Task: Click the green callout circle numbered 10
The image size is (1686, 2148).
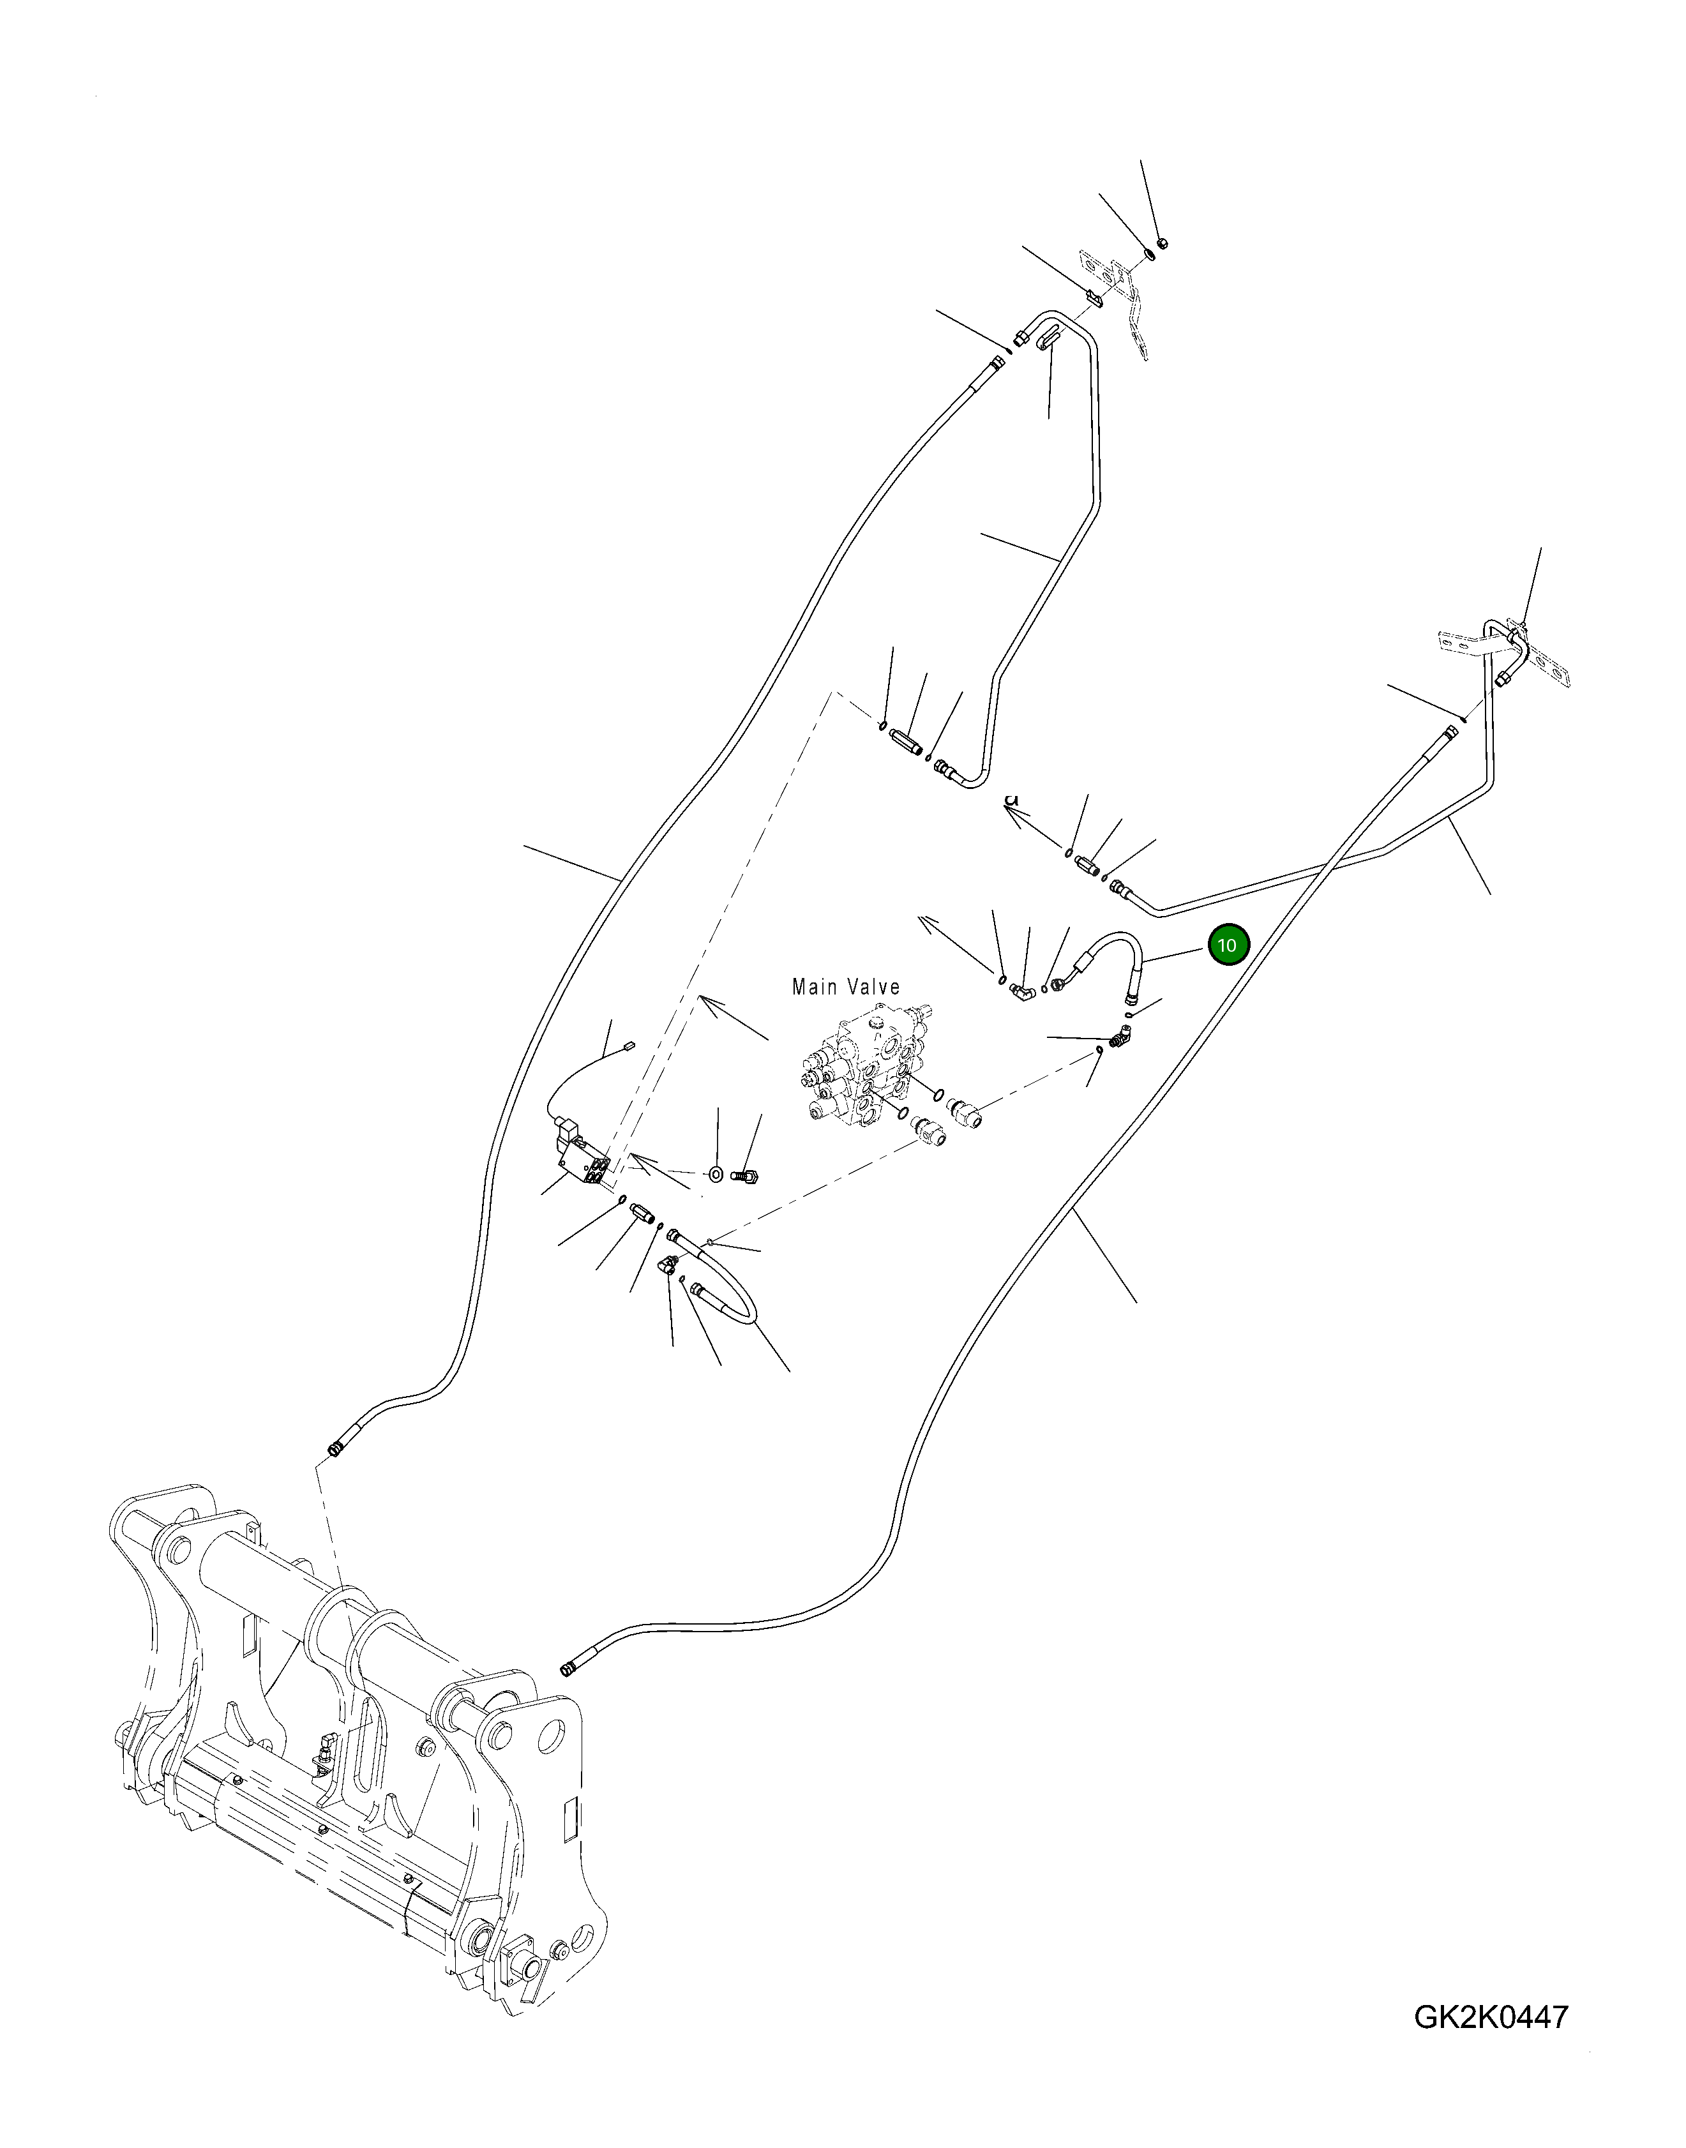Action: click(1227, 945)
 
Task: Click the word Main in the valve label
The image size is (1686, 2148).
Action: click(815, 987)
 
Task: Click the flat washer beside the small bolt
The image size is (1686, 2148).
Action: click(717, 1175)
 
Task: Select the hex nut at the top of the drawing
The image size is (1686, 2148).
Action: click(1162, 242)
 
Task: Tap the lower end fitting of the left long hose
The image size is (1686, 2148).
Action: click(336, 1449)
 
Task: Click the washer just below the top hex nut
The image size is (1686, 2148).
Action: click(1151, 257)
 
